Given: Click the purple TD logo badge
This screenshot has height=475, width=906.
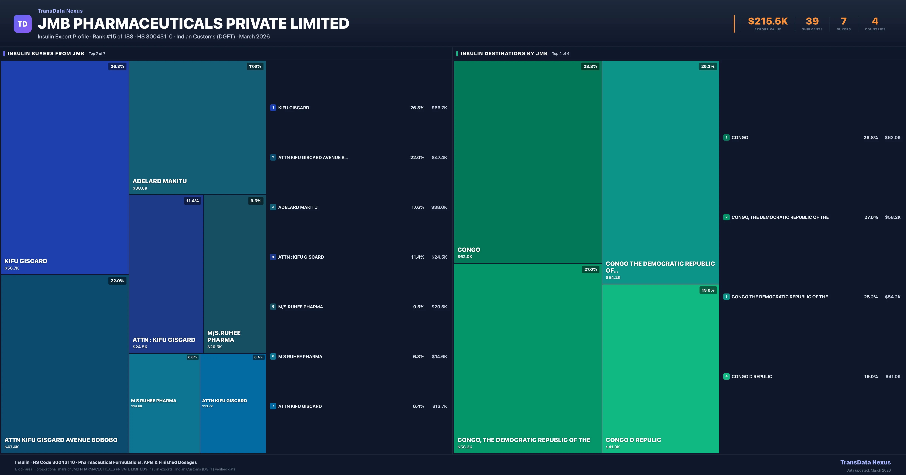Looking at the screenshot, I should coord(22,24).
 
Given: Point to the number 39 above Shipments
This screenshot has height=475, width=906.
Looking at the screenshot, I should coord(812,21).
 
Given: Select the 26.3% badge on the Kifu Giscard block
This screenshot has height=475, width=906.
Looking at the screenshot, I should coord(117,66).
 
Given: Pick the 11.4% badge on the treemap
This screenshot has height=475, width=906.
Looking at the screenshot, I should coord(192,201).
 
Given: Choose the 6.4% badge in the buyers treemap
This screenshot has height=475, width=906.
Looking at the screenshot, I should coord(259,357).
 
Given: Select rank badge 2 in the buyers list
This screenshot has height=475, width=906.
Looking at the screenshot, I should coord(273,157).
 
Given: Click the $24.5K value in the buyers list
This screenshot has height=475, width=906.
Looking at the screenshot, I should coord(439,257).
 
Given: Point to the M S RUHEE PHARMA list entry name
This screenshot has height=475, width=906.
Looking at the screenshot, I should coord(300,357).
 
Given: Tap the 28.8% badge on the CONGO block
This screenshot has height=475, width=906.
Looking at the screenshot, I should coord(590,66).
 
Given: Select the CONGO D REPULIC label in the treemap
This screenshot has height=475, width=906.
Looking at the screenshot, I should coord(633,440).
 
